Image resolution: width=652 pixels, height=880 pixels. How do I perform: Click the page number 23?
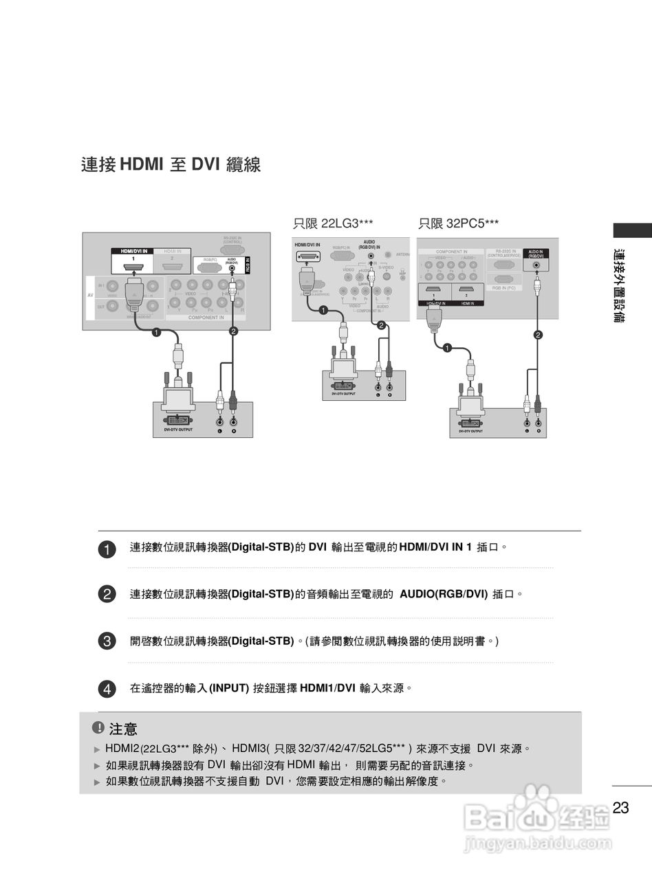pyautogui.click(x=620, y=808)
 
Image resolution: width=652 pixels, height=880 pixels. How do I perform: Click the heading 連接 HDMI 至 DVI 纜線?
pyautogui.click(x=171, y=165)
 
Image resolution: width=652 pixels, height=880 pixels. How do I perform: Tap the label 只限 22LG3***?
pyautogui.click(x=334, y=223)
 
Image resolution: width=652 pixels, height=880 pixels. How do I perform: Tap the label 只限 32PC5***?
pyautogui.click(x=459, y=223)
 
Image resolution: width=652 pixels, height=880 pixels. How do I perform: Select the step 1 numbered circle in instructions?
pyautogui.click(x=107, y=549)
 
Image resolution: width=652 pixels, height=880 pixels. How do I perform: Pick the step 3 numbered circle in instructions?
pyautogui.click(x=107, y=641)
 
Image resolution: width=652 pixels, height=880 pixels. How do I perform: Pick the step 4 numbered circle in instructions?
pyautogui.click(x=107, y=688)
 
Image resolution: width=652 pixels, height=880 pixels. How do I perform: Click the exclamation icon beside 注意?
pyautogui.click(x=98, y=727)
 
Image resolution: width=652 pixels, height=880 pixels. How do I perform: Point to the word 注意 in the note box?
pyautogui.click(x=123, y=729)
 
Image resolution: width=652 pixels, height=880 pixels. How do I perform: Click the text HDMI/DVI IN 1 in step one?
pyautogui.click(x=435, y=547)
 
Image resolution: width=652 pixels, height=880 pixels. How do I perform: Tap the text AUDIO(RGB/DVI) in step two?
pyautogui.click(x=444, y=593)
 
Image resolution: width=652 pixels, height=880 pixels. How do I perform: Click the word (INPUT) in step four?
pyautogui.click(x=229, y=687)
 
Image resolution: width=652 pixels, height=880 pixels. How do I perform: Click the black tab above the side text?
pyautogui.click(x=632, y=231)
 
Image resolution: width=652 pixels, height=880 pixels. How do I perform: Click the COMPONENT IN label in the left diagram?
pyautogui.click(x=206, y=318)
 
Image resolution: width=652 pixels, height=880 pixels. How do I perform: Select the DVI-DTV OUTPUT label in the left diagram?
pyautogui.click(x=178, y=430)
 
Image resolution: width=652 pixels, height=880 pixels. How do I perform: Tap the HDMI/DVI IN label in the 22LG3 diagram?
pyautogui.click(x=307, y=245)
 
